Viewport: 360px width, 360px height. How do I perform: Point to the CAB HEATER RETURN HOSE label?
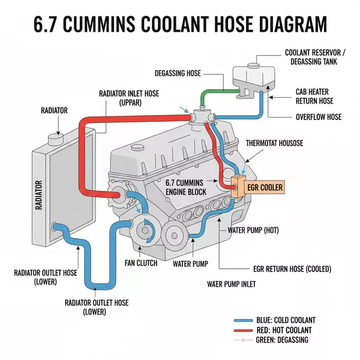[x=314, y=97]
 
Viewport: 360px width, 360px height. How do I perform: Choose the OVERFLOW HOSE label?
[x=318, y=116]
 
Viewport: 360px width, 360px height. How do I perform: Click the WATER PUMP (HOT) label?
[x=253, y=230]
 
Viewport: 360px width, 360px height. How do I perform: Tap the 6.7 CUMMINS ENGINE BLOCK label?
[x=187, y=187]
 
